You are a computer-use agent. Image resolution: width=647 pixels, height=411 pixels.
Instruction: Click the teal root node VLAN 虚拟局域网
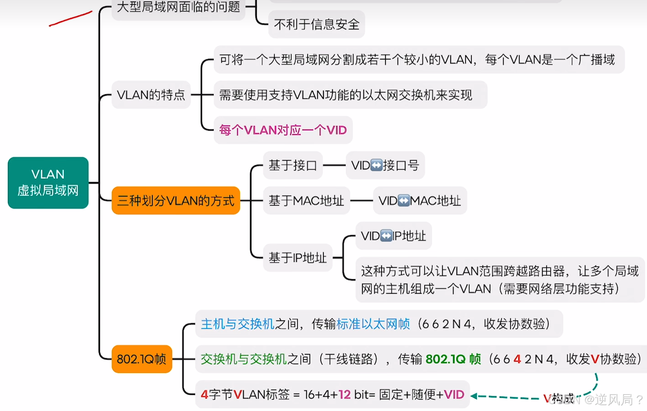click(48, 182)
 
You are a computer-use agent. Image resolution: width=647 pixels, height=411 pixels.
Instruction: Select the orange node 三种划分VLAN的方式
click(176, 201)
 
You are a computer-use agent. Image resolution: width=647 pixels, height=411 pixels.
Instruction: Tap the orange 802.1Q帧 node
click(142, 359)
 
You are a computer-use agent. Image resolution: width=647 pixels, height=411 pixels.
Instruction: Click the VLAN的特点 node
click(151, 95)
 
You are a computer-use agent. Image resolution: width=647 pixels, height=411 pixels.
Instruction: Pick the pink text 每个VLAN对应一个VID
click(283, 130)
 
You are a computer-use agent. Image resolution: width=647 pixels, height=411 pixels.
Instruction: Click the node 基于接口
click(293, 165)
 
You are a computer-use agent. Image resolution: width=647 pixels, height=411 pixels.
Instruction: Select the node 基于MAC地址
click(306, 201)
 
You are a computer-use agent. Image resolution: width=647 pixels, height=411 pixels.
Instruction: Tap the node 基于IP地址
click(298, 258)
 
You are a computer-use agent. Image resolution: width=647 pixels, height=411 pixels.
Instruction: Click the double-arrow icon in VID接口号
click(376, 165)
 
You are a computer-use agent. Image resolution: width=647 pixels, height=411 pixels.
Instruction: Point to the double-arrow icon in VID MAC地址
click(404, 201)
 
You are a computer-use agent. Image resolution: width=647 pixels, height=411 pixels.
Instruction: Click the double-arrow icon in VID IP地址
click(386, 236)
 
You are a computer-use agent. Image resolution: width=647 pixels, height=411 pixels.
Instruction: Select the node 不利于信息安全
click(317, 24)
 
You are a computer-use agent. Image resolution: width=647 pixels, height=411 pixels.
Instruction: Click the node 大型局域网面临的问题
click(178, 7)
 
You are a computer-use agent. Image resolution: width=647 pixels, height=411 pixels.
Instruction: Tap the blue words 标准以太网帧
click(373, 324)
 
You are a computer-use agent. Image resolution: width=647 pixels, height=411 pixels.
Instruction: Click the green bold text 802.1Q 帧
click(453, 359)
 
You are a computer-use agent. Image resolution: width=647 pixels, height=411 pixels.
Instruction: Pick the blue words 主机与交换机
click(238, 324)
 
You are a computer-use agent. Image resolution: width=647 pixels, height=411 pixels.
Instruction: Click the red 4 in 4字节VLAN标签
click(204, 394)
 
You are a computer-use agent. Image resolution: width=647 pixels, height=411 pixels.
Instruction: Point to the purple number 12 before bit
click(344, 394)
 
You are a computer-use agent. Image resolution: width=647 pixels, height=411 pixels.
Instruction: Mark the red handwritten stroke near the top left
click(71, 19)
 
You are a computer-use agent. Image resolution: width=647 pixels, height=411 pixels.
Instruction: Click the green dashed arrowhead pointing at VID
click(474, 396)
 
